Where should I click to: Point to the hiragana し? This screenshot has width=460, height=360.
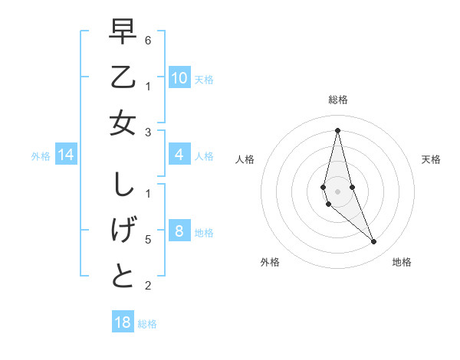pyautogui.click(x=123, y=185)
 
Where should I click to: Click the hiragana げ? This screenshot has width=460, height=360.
pyautogui.click(x=123, y=231)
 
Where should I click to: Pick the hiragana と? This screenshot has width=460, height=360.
pyautogui.click(x=123, y=277)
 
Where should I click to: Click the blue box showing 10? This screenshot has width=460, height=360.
pyautogui.click(x=179, y=78)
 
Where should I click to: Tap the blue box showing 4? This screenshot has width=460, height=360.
pyautogui.click(x=179, y=155)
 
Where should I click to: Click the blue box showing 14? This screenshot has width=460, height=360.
pyautogui.click(x=66, y=155)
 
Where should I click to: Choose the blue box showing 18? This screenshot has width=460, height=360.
pyautogui.click(x=123, y=322)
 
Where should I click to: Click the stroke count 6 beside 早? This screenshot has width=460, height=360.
pyautogui.click(x=148, y=39)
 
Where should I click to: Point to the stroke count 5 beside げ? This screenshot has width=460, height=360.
pyautogui.click(x=148, y=240)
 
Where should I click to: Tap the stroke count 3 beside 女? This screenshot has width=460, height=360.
pyautogui.click(x=148, y=133)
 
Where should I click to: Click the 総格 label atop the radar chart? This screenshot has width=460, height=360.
pyautogui.click(x=338, y=100)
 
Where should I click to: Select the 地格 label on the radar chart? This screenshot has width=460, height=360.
pyautogui.click(x=402, y=262)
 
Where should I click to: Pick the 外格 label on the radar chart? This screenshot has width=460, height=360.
pyautogui.click(x=270, y=262)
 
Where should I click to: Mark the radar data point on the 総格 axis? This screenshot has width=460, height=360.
pyautogui.click(x=337, y=129)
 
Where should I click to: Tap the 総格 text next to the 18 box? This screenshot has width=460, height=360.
pyautogui.click(x=147, y=324)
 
